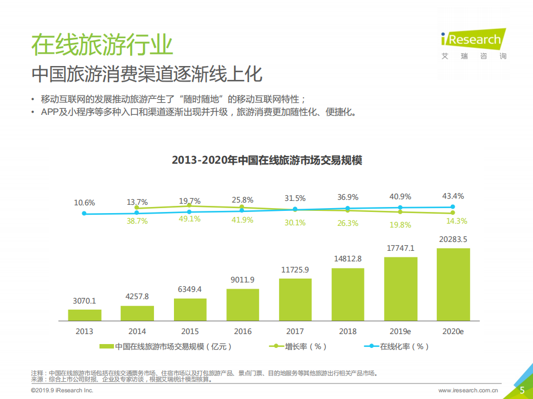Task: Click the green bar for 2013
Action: pos(84,315)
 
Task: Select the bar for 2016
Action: pos(242,305)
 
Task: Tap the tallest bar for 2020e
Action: pos(453,285)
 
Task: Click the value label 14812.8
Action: pos(347,259)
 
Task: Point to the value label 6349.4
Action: pos(190,289)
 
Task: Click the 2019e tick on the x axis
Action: pos(400,331)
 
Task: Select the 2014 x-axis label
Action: pos(137,331)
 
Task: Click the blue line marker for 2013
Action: pos(84,213)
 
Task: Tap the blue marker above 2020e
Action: pos(453,207)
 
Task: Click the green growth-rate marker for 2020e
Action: pos(453,213)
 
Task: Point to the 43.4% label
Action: pos(453,196)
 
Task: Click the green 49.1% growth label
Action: pos(190,220)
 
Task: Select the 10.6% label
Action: pos(84,203)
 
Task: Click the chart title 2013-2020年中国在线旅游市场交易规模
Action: pos(267,160)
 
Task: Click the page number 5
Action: pos(522,390)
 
